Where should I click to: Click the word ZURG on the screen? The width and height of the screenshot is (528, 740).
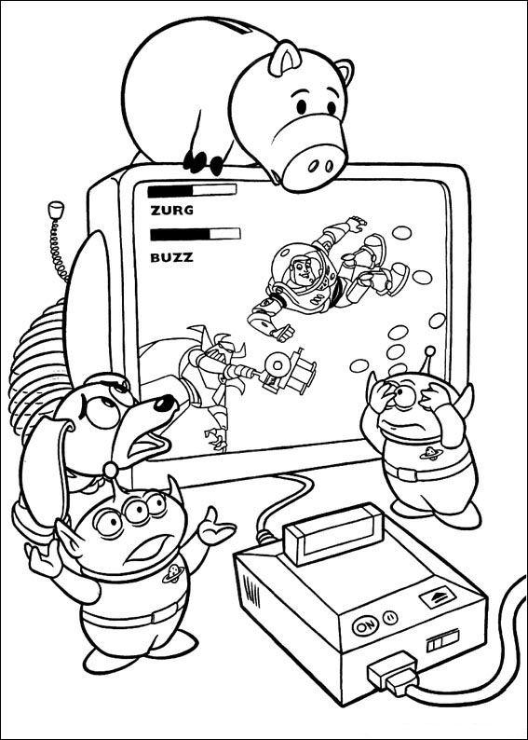[170, 210]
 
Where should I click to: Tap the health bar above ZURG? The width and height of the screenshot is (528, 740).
[192, 189]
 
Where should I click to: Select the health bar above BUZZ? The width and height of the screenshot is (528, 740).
[194, 234]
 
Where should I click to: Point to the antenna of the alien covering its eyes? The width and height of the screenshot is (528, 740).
[429, 354]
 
